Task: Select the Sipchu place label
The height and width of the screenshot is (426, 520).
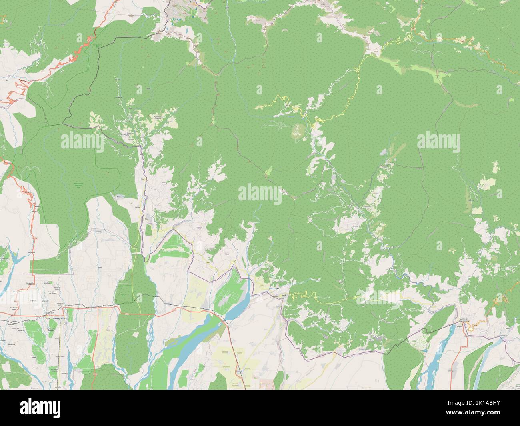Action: (146, 218)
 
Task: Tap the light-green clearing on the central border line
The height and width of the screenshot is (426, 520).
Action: (268, 171)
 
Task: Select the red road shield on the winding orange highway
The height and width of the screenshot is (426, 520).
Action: (89, 39)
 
